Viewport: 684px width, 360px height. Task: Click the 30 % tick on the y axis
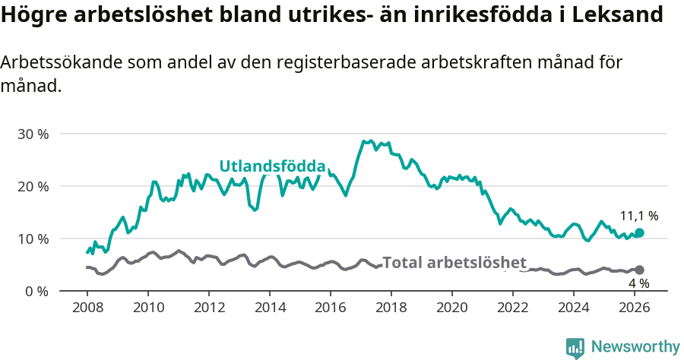click(x=33, y=134)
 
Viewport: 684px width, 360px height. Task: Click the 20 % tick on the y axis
click(x=33, y=186)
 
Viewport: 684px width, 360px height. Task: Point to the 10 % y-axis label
click(x=33, y=238)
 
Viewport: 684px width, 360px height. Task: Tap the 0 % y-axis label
click(x=36, y=291)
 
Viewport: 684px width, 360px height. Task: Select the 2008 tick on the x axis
click(x=87, y=308)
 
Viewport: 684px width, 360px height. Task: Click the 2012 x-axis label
click(x=209, y=308)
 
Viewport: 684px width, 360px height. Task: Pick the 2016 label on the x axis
click(x=331, y=308)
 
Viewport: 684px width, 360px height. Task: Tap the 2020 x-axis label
click(x=452, y=308)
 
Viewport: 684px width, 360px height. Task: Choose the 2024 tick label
click(x=574, y=308)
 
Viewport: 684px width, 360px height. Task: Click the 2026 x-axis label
click(x=635, y=308)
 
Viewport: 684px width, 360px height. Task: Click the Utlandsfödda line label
click(x=272, y=166)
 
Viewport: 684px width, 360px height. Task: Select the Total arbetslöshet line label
click(x=454, y=263)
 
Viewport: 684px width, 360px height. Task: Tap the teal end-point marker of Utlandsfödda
click(x=639, y=232)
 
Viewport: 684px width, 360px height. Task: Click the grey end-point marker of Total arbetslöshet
click(x=639, y=270)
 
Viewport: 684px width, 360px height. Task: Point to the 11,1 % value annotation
click(x=639, y=216)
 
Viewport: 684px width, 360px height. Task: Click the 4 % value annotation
click(x=638, y=283)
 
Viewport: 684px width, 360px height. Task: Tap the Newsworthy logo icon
click(x=575, y=347)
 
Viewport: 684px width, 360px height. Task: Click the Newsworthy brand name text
click(x=635, y=347)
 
